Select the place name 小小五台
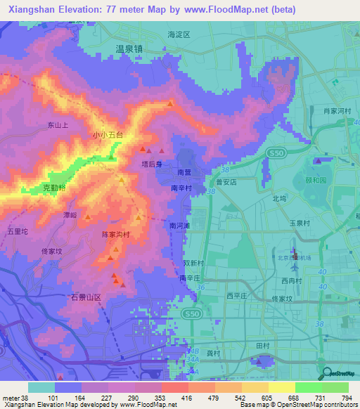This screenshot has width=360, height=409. pyautogui.click(x=108, y=134)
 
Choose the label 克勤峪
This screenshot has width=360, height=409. pyautogui.click(x=55, y=188)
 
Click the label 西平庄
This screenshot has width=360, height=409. pyautogui.click(x=238, y=295)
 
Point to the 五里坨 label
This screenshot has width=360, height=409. pyautogui.click(x=18, y=230)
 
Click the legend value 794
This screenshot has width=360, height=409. pyautogui.click(x=347, y=398)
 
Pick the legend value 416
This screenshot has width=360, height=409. pyautogui.click(x=169, y=398)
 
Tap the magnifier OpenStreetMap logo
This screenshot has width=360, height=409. pyautogui.click(x=327, y=374)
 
